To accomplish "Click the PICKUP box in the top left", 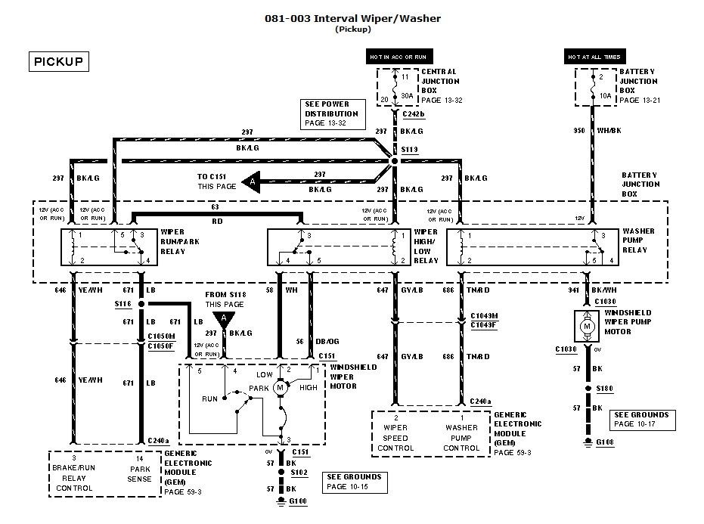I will point(58,62).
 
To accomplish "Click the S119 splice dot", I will point(394,161).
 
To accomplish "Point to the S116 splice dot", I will point(141,304).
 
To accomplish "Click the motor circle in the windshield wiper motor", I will point(281,388).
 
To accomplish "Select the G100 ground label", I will point(299,502).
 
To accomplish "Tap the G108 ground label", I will point(604,442).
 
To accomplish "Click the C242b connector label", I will point(414,114).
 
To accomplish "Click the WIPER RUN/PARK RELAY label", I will point(179,240).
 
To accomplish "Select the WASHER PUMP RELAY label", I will point(639,240).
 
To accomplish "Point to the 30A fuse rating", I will point(406,96).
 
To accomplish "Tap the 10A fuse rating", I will point(604,96).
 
